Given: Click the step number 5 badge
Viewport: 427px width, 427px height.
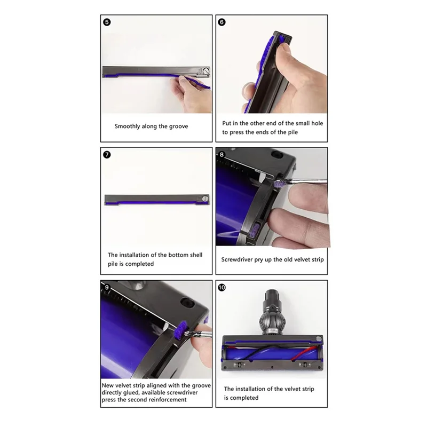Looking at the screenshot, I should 107,23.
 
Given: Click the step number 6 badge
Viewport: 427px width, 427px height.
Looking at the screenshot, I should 222,23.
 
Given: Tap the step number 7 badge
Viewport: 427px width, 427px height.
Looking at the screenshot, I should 107,155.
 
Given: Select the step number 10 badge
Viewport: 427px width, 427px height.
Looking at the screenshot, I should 222,287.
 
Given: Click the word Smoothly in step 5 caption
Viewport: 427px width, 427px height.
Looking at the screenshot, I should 127,126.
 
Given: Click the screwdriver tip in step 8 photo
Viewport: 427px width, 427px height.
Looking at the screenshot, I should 286,185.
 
